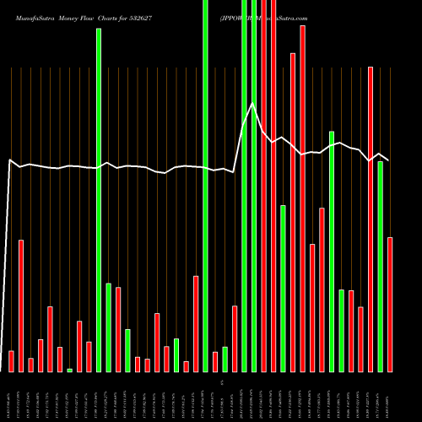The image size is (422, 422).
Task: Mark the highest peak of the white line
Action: point(253,104)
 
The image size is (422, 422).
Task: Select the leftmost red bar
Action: point(12,360)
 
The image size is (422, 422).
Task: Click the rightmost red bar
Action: point(390,304)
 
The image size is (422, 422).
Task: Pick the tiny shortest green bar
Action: point(70,370)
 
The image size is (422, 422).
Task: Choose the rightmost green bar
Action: point(380,266)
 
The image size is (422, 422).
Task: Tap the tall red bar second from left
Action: point(21,306)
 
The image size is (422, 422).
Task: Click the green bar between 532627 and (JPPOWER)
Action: point(205,186)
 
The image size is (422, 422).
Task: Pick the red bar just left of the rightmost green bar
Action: point(371,219)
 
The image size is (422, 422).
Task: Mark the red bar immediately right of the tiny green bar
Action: point(79,346)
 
